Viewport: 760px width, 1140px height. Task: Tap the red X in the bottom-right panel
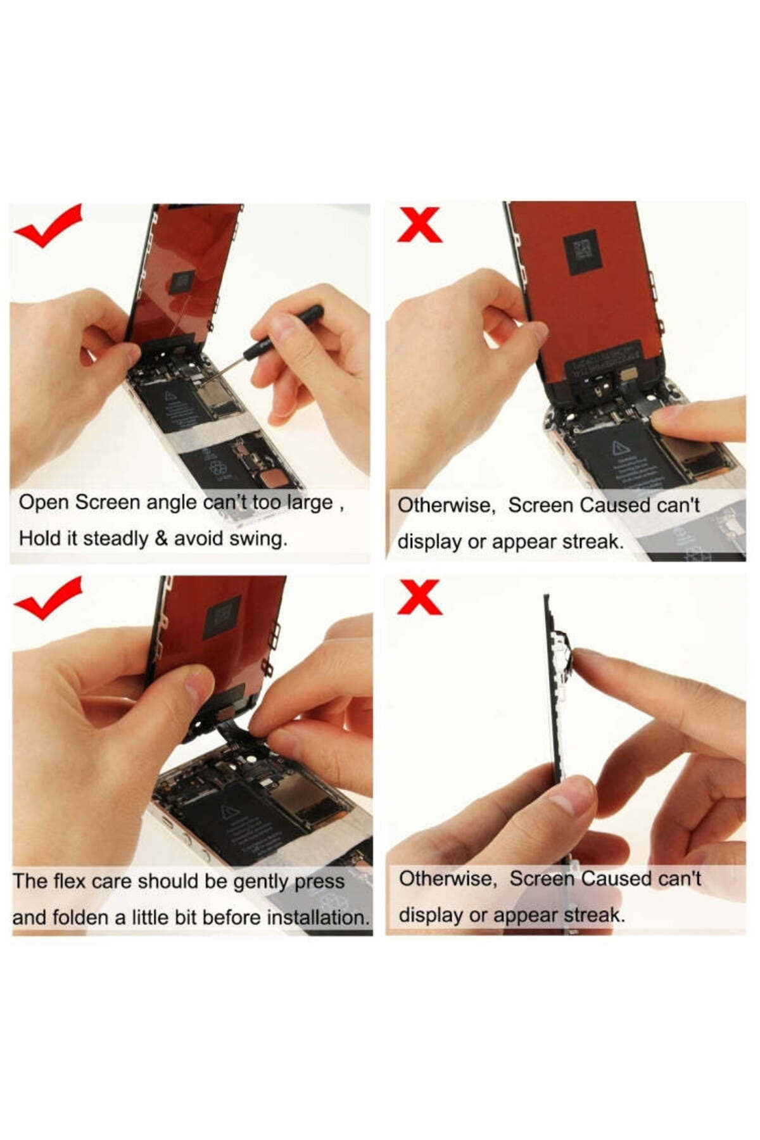point(419,597)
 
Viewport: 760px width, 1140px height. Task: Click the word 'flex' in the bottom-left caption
point(69,881)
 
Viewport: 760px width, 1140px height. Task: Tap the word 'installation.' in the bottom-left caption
point(318,917)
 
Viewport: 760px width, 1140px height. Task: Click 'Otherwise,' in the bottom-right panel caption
point(448,879)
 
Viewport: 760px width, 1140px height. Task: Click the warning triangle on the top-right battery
point(619,448)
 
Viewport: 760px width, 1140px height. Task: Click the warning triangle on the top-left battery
point(170,397)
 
